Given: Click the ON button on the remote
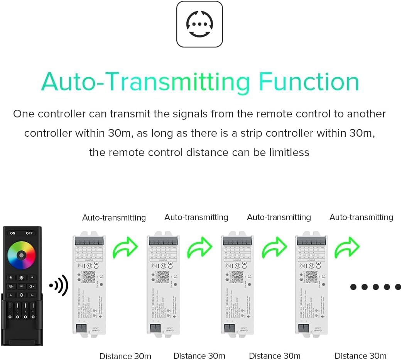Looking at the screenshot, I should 13,233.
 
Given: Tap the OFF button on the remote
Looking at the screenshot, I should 30,233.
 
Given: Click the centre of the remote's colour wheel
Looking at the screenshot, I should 21,255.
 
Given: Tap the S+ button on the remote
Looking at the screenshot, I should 32,295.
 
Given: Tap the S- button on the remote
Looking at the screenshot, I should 10,295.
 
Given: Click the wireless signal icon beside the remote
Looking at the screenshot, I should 59,286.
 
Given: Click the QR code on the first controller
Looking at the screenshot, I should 89,277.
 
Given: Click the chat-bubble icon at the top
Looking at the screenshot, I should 199,24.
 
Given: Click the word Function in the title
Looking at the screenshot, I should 309,82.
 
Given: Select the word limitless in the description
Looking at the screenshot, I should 288,153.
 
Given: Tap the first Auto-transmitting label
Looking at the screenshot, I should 114,218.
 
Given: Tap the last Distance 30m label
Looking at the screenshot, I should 360,356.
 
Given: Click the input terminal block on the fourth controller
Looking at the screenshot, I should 303,329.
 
